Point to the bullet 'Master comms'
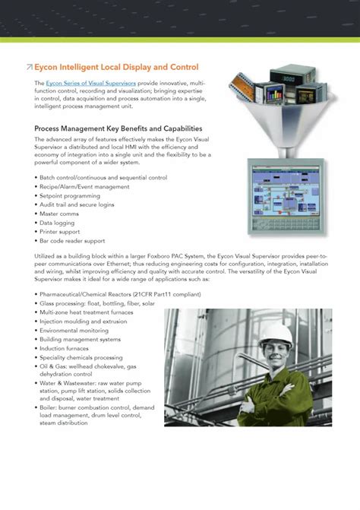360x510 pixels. coord(60,214)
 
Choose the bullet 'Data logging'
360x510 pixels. coord(58,223)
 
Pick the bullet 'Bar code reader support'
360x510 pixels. coord(74,241)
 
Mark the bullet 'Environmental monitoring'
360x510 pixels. coord(74,331)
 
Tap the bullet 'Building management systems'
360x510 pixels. coord(80,339)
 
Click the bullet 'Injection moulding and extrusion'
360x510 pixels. coord(83,322)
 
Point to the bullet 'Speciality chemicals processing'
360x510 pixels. coord(81,357)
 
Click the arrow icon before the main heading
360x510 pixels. coord(29,68)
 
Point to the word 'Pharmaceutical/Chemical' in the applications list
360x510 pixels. coord(71,294)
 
